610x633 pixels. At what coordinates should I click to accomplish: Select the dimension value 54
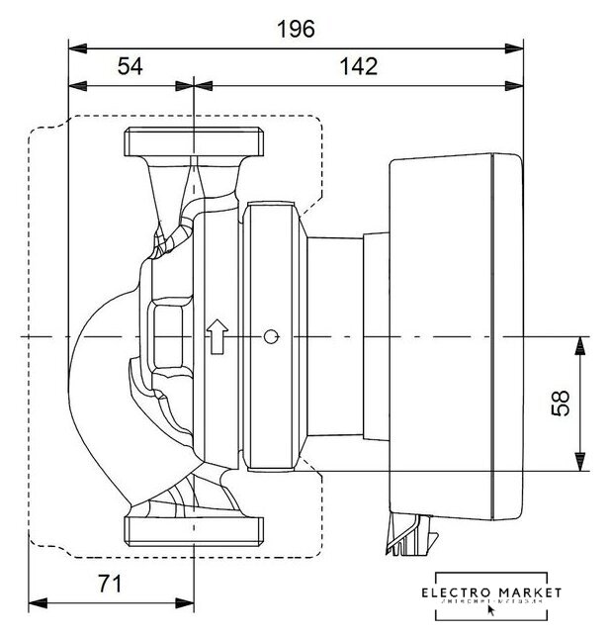131,66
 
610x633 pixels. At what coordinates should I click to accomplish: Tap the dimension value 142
358,66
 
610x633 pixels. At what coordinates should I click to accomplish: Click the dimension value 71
111,584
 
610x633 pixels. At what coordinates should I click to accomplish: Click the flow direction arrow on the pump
215,337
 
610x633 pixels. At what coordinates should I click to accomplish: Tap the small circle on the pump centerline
269,337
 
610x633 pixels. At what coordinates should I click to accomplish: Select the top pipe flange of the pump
195,143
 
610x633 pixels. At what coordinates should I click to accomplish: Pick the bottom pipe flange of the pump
195,528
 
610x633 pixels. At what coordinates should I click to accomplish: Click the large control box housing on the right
451,336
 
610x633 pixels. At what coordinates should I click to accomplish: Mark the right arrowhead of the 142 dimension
513,86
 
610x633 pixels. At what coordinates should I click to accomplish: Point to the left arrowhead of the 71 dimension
38,601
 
